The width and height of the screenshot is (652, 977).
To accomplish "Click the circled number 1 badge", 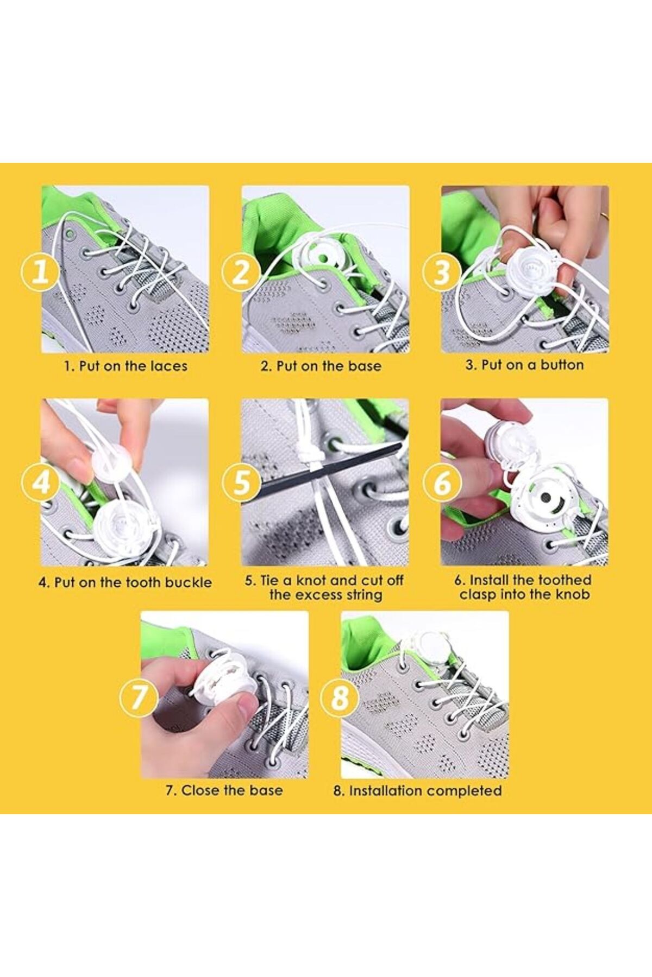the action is [40, 271].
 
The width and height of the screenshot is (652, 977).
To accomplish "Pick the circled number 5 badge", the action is [241, 481].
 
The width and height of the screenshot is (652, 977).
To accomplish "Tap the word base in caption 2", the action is [365, 366].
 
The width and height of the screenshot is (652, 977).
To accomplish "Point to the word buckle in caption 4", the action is [188, 582].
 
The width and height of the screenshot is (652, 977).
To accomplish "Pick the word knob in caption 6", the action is [573, 594].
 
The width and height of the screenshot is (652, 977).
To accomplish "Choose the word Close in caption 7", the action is [197, 790].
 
